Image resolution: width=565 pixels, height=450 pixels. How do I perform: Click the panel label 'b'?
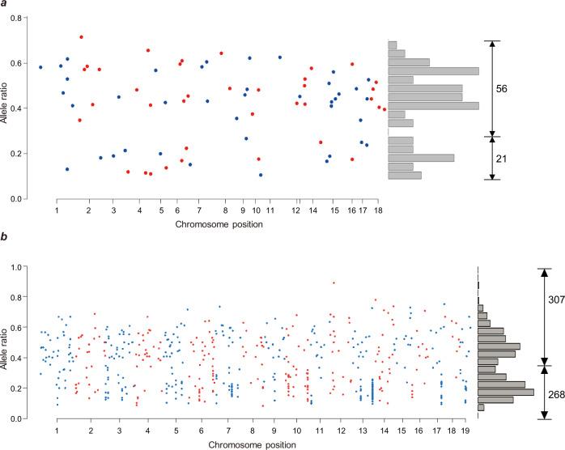(x=5, y=240)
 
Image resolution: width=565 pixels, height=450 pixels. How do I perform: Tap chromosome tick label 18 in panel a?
(x=377, y=210)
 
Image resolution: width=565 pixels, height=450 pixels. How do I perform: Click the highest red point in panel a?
(x=81, y=37)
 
